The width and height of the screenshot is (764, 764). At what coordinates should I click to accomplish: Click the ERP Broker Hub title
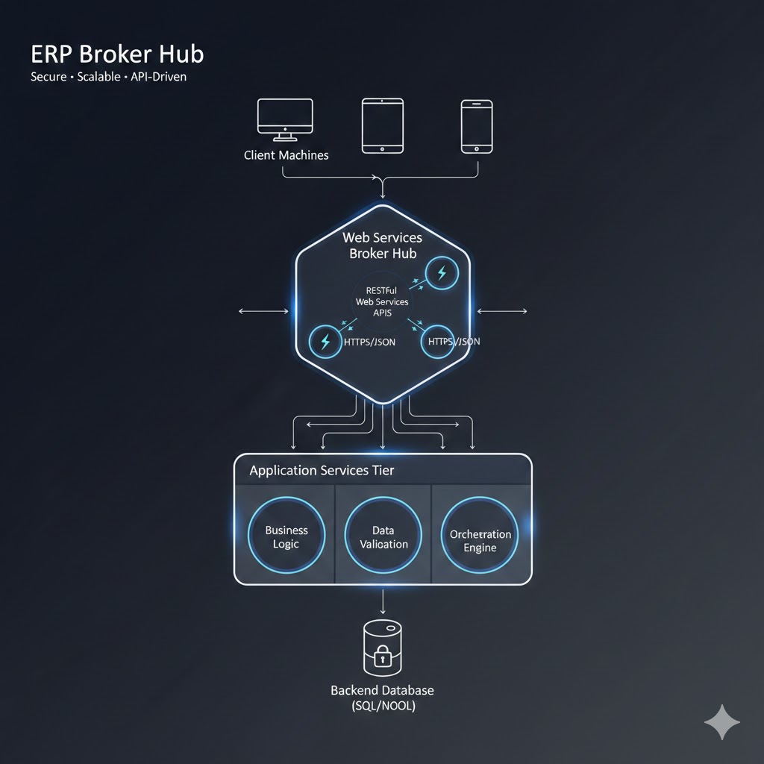click(117, 54)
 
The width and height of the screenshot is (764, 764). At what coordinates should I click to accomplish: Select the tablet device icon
click(382, 125)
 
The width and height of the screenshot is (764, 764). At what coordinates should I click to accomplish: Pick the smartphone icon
click(476, 126)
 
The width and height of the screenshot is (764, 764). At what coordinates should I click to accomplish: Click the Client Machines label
click(286, 155)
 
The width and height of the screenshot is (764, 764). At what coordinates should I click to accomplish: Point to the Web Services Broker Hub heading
click(382, 245)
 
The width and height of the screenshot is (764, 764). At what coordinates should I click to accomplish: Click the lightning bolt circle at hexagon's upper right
click(441, 272)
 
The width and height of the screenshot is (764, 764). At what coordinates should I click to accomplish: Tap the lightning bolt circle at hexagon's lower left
click(325, 342)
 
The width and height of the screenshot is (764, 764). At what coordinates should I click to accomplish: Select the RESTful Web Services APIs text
click(382, 301)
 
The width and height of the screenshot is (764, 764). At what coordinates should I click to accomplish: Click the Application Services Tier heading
click(322, 470)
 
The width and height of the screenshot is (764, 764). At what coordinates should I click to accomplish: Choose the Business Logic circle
click(286, 536)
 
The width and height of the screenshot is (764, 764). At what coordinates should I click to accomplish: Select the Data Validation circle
click(383, 536)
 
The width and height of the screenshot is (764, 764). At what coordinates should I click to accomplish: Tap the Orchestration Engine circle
click(480, 539)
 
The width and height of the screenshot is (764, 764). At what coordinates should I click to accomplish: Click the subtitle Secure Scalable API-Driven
click(109, 77)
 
